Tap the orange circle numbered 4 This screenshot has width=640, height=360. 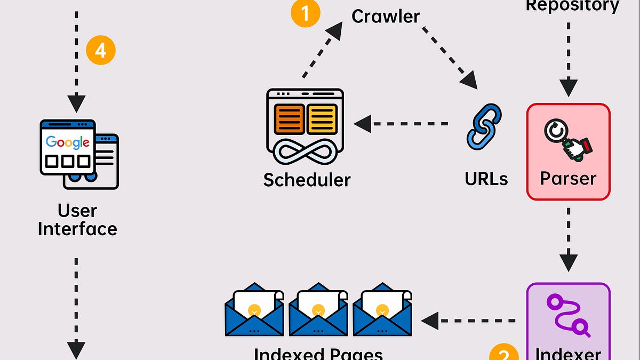tap(101, 50)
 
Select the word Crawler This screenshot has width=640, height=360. tap(386, 16)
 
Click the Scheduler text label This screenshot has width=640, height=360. tap(307, 180)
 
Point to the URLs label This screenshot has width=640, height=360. tap(486, 179)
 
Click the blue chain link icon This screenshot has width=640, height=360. tap(484, 126)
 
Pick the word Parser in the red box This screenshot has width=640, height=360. tap(568, 178)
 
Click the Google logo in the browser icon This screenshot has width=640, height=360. tap(68, 142)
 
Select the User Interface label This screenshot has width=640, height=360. tap(77, 220)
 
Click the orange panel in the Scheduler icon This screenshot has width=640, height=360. tap(289, 119)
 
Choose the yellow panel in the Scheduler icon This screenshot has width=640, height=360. tap(322, 119)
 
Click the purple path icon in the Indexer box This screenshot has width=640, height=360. tap(569, 315)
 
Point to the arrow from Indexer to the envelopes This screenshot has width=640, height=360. tap(469, 321)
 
